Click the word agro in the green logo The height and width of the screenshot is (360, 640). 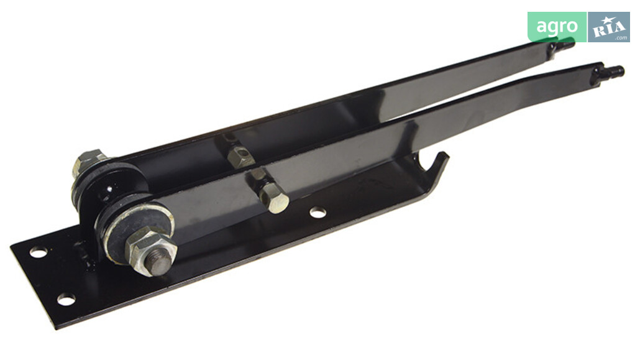(x=557, y=27)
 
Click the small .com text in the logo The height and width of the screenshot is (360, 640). (x=621, y=37)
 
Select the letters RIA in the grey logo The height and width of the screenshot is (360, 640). (x=608, y=29)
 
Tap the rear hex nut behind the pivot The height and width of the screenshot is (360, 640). (x=87, y=161)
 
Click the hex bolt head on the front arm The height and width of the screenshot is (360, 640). (x=274, y=198)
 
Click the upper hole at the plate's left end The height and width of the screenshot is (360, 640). (x=39, y=252)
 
